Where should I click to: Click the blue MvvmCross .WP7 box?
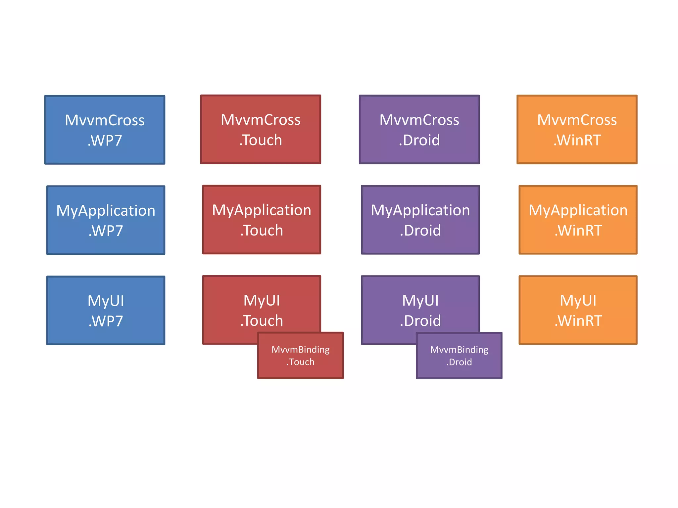(x=105, y=130)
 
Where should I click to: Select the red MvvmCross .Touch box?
(x=261, y=129)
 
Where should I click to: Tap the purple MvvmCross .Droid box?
(x=419, y=129)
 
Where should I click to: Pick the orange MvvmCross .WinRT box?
(x=577, y=129)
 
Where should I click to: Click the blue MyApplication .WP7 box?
(x=106, y=220)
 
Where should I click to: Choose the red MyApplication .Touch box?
(x=262, y=220)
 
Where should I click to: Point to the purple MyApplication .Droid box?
(x=420, y=220)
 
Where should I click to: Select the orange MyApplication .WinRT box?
(x=578, y=220)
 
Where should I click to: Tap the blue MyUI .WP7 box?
(x=106, y=310)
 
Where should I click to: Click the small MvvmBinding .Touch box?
(x=300, y=356)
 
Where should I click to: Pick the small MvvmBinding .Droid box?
(x=459, y=356)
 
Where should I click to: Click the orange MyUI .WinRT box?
(x=578, y=310)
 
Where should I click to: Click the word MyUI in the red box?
(x=262, y=300)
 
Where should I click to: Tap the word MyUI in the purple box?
(x=420, y=300)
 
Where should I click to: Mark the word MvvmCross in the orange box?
(x=577, y=120)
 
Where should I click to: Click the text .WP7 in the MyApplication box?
(x=106, y=231)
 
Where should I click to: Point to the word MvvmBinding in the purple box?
(x=459, y=350)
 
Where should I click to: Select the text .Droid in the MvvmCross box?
(x=419, y=140)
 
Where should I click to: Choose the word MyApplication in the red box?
(x=262, y=210)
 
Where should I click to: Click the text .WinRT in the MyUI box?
(x=578, y=321)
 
